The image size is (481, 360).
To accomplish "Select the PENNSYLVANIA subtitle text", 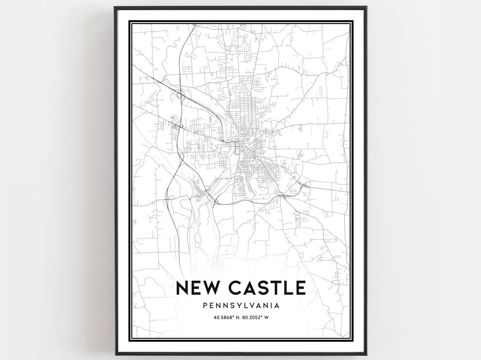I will coord(240,306).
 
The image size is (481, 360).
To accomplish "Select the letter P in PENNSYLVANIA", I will coord(204,306).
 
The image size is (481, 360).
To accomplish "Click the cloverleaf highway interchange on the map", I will coord(180,94).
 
